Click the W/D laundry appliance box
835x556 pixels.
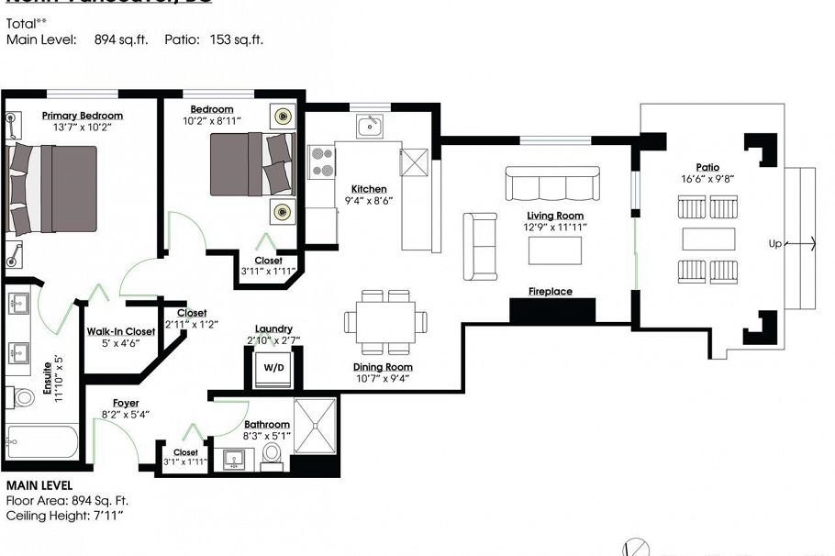pyautogui.click(x=273, y=367)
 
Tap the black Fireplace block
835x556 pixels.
pyautogui.click(x=552, y=310)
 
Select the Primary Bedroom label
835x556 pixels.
pyautogui.click(x=82, y=116)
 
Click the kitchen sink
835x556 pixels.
pyautogui.click(x=370, y=126)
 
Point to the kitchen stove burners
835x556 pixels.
pyautogui.click(x=322, y=162)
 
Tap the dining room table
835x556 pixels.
pyautogui.click(x=385, y=321)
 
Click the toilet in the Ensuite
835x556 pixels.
pyautogui.click(x=22, y=397)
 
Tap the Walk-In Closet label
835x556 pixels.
pyautogui.click(x=120, y=331)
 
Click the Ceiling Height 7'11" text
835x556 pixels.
pyautogui.click(x=64, y=517)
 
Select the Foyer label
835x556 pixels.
pyautogui.click(x=126, y=403)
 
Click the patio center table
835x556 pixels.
pyautogui.click(x=707, y=239)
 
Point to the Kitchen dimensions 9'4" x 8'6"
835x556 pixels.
pyautogui.click(x=368, y=200)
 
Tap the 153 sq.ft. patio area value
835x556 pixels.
pyautogui.click(x=241, y=40)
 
